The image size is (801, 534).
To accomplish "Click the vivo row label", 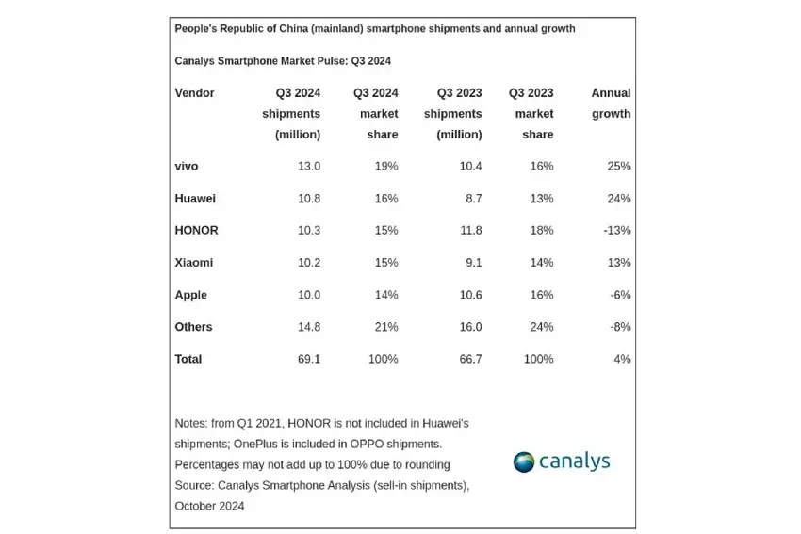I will click(x=187, y=167).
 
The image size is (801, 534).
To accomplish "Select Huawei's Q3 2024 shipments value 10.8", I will click(x=308, y=199).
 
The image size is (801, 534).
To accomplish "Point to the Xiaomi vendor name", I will click(x=194, y=263).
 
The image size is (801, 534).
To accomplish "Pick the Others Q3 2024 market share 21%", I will click(x=385, y=327).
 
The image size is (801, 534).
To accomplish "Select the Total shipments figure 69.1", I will click(x=308, y=359).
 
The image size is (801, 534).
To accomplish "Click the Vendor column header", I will click(x=195, y=93).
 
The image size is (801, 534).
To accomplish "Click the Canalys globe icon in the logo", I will click(x=524, y=461).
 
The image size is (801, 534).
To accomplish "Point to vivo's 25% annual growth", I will click(x=618, y=167).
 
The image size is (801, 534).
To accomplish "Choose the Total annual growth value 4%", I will click(x=622, y=359).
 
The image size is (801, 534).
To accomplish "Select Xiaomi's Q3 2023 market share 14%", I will click(x=541, y=263).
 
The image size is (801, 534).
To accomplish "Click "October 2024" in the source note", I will click(x=209, y=506).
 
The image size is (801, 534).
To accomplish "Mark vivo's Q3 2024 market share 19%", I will click(x=385, y=167).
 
